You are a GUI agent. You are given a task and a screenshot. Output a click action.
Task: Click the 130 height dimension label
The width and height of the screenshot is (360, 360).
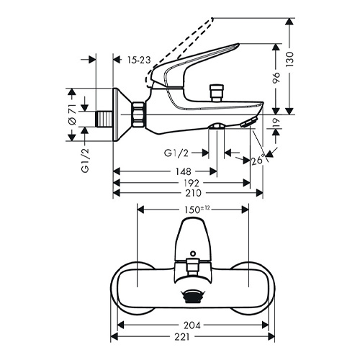290,59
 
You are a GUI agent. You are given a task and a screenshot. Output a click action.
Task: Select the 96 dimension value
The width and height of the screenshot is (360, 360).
276,77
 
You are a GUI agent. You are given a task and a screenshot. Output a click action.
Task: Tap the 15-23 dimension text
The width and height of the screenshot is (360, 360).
139,60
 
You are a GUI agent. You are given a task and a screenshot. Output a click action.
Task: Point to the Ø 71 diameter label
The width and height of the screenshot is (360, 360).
72,114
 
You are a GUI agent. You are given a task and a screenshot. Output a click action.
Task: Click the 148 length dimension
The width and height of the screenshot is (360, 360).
184,171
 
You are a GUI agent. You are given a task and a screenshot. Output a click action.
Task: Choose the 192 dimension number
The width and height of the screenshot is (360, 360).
192,183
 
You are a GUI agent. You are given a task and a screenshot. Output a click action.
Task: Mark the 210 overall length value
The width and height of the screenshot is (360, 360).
194,193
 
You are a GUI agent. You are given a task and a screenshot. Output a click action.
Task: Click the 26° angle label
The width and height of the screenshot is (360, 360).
258,160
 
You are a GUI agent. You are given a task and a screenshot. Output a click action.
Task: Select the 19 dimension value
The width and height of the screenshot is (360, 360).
276,122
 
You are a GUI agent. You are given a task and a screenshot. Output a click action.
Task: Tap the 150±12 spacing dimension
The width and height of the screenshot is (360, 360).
197,210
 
